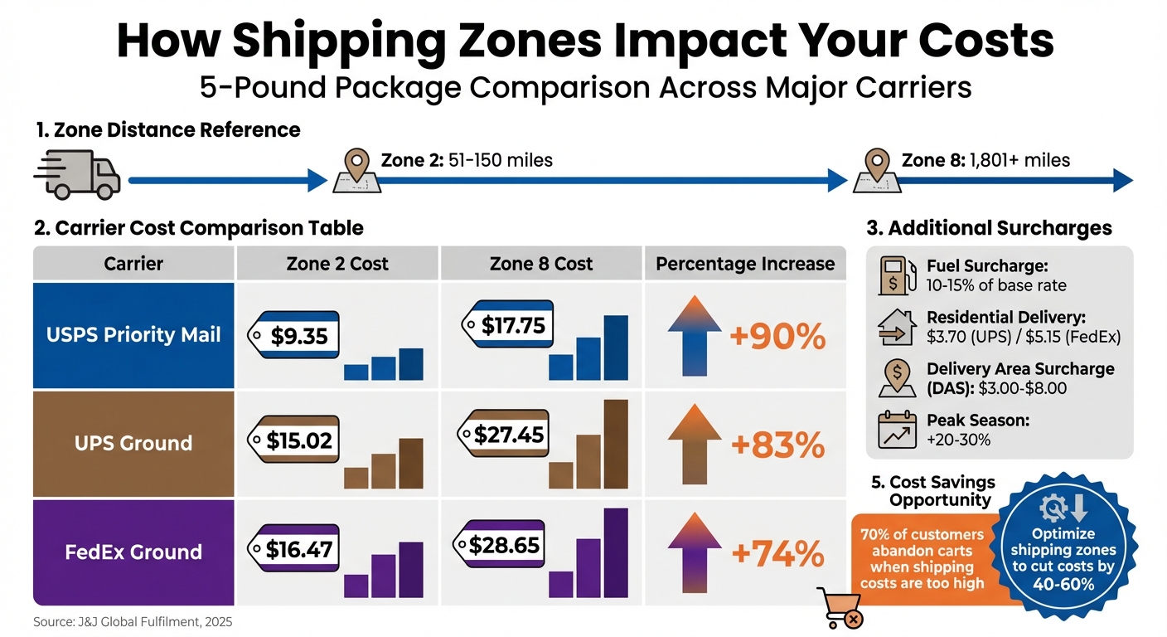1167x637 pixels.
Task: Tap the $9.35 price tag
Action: [295, 336]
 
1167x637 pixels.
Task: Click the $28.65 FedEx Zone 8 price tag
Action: [500, 545]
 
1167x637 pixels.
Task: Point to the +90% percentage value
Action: [777, 337]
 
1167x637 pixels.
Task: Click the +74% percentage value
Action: [777, 553]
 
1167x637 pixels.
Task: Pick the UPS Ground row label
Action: [133, 443]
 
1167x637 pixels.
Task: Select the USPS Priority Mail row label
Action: [133, 334]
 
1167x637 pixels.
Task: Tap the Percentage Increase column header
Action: [745, 264]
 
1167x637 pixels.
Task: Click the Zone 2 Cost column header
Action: [337, 264]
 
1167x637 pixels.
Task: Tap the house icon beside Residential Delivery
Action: [897, 328]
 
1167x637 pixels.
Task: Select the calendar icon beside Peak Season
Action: [897, 430]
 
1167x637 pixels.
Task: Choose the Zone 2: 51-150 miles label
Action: [466, 160]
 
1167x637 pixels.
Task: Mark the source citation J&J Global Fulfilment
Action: [133, 621]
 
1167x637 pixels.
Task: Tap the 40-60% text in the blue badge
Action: [1063, 583]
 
